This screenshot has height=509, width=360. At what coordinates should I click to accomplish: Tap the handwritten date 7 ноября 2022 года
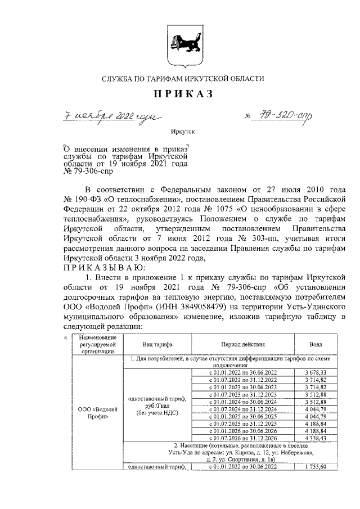click(110, 116)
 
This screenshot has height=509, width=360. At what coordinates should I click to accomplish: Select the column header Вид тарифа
click(157, 344)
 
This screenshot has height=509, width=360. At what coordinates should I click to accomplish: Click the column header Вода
click(316, 344)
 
